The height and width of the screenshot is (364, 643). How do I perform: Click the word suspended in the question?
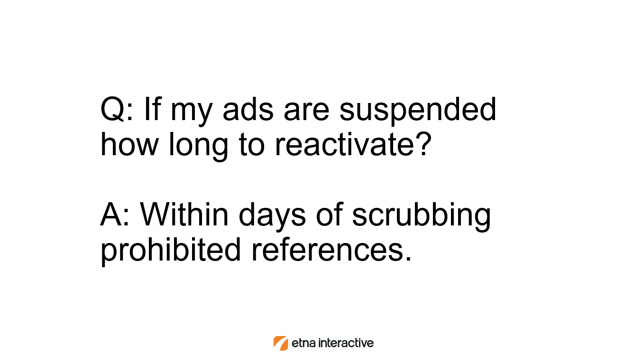click(418, 111)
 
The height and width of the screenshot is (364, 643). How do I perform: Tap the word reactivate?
click(344, 145)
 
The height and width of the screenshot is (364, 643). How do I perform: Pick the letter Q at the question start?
click(112, 109)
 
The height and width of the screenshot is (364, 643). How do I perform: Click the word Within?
click(184, 215)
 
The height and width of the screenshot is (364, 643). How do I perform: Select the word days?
click(272, 216)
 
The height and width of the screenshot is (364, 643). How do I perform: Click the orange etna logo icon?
click(280, 343)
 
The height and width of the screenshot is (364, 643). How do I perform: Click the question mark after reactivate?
click(424, 143)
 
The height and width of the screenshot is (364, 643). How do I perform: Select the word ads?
click(248, 109)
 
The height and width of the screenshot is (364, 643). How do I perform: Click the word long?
click(198, 146)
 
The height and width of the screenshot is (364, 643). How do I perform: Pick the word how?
click(129, 144)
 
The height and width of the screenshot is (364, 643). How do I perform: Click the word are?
click(306, 112)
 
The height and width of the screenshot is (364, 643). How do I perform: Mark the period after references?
click(409, 258)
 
